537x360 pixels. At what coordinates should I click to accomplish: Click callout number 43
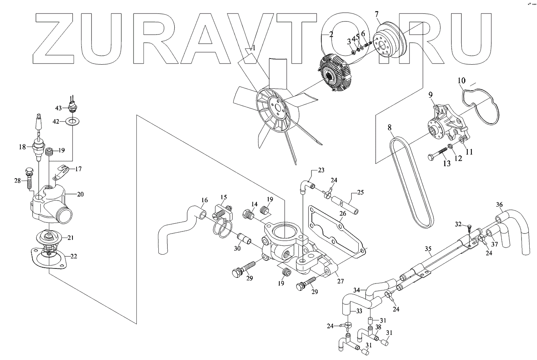coord(58,108)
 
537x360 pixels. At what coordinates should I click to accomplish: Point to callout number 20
coord(80,194)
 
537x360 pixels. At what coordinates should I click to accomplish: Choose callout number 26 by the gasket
coord(343,213)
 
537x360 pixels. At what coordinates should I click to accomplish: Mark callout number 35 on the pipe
coord(427,249)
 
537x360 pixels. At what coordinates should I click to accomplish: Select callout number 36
coord(499,205)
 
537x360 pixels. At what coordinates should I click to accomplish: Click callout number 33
coord(359,312)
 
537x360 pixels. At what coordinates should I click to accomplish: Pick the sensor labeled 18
coord(39,148)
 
